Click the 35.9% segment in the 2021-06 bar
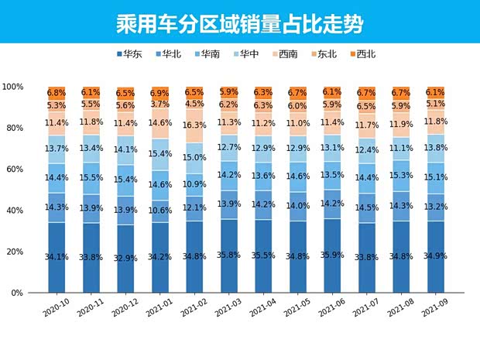point(332,255)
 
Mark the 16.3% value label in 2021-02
point(194,125)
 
